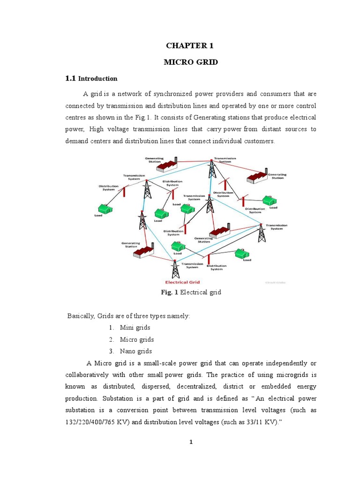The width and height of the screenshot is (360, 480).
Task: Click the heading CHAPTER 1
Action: pos(190,45)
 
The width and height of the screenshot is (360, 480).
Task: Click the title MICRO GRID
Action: pos(190,62)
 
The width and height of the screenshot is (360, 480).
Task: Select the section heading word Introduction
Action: pos(97,79)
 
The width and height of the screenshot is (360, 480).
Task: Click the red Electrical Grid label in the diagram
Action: pos(182,282)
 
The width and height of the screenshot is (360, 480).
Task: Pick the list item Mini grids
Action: pos(135,328)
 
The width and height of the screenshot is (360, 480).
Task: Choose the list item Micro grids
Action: pos(137,339)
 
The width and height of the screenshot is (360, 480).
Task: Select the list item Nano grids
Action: pos(136,351)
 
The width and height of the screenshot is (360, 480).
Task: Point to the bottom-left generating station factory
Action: pos(143,252)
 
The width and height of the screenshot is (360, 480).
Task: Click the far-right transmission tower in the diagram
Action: pos(262,232)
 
